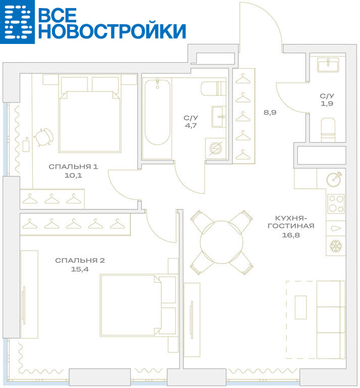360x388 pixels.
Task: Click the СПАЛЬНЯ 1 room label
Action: (73, 167)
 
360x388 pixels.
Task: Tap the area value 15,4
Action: (80, 269)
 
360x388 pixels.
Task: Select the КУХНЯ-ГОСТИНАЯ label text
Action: (291, 222)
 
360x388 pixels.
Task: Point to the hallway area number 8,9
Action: (270, 112)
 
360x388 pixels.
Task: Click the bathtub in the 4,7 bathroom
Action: (157, 112)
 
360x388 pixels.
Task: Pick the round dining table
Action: (222, 242)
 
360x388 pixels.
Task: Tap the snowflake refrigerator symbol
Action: (336, 246)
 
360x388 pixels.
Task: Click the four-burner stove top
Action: (336, 204)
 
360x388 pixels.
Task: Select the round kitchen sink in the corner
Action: (334, 178)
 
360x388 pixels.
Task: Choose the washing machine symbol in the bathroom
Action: (216, 149)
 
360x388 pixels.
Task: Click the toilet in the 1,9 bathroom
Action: (328, 130)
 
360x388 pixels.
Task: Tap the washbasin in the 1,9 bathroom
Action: (328, 65)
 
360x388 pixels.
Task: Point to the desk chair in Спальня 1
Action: (44, 137)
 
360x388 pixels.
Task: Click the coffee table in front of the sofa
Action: (300, 307)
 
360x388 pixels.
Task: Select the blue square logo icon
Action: (17, 22)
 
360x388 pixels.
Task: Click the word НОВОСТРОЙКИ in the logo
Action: (112, 31)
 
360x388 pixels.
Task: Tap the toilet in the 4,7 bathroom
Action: (214, 88)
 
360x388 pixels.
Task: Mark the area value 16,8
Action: (291, 235)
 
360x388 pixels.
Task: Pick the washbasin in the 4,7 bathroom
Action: (219, 117)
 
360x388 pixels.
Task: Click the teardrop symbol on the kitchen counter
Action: (335, 228)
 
